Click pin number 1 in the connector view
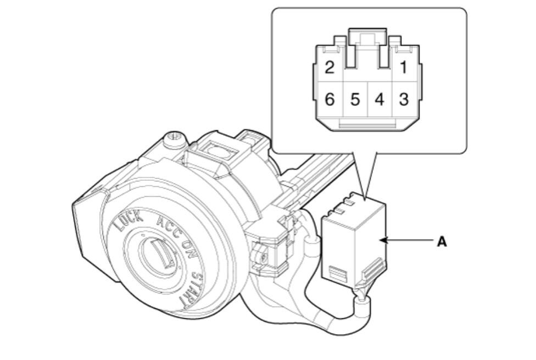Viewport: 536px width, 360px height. (404, 67)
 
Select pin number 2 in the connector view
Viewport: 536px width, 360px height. (329, 67)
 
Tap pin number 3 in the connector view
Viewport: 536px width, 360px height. (404, 99)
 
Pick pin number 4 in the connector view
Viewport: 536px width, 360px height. (379, 99)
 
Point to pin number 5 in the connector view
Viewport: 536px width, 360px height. (355, 99)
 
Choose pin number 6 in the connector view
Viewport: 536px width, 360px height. (329, 99)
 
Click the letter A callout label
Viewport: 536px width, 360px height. (442, 242)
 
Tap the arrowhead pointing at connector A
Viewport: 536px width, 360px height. (383, 240)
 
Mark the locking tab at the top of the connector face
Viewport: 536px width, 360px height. (367, 36)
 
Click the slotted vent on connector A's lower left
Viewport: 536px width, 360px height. (338, 273)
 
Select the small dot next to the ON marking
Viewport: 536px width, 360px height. (178, 267)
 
